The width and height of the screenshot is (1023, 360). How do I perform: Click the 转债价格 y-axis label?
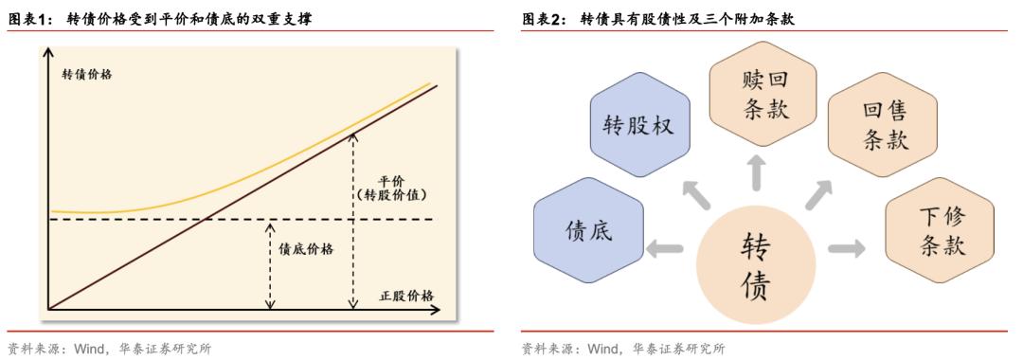point(86,75)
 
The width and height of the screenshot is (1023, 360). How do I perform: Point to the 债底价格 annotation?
point(306,249)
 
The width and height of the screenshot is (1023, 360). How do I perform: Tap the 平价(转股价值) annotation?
point(391,187)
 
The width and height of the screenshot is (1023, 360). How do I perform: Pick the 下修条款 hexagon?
point(940,230)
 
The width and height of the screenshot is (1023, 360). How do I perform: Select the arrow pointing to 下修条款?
point(846,249)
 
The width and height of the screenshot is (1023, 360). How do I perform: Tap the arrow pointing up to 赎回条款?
point(756,172)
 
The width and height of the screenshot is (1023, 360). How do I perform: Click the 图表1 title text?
point(160,19)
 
